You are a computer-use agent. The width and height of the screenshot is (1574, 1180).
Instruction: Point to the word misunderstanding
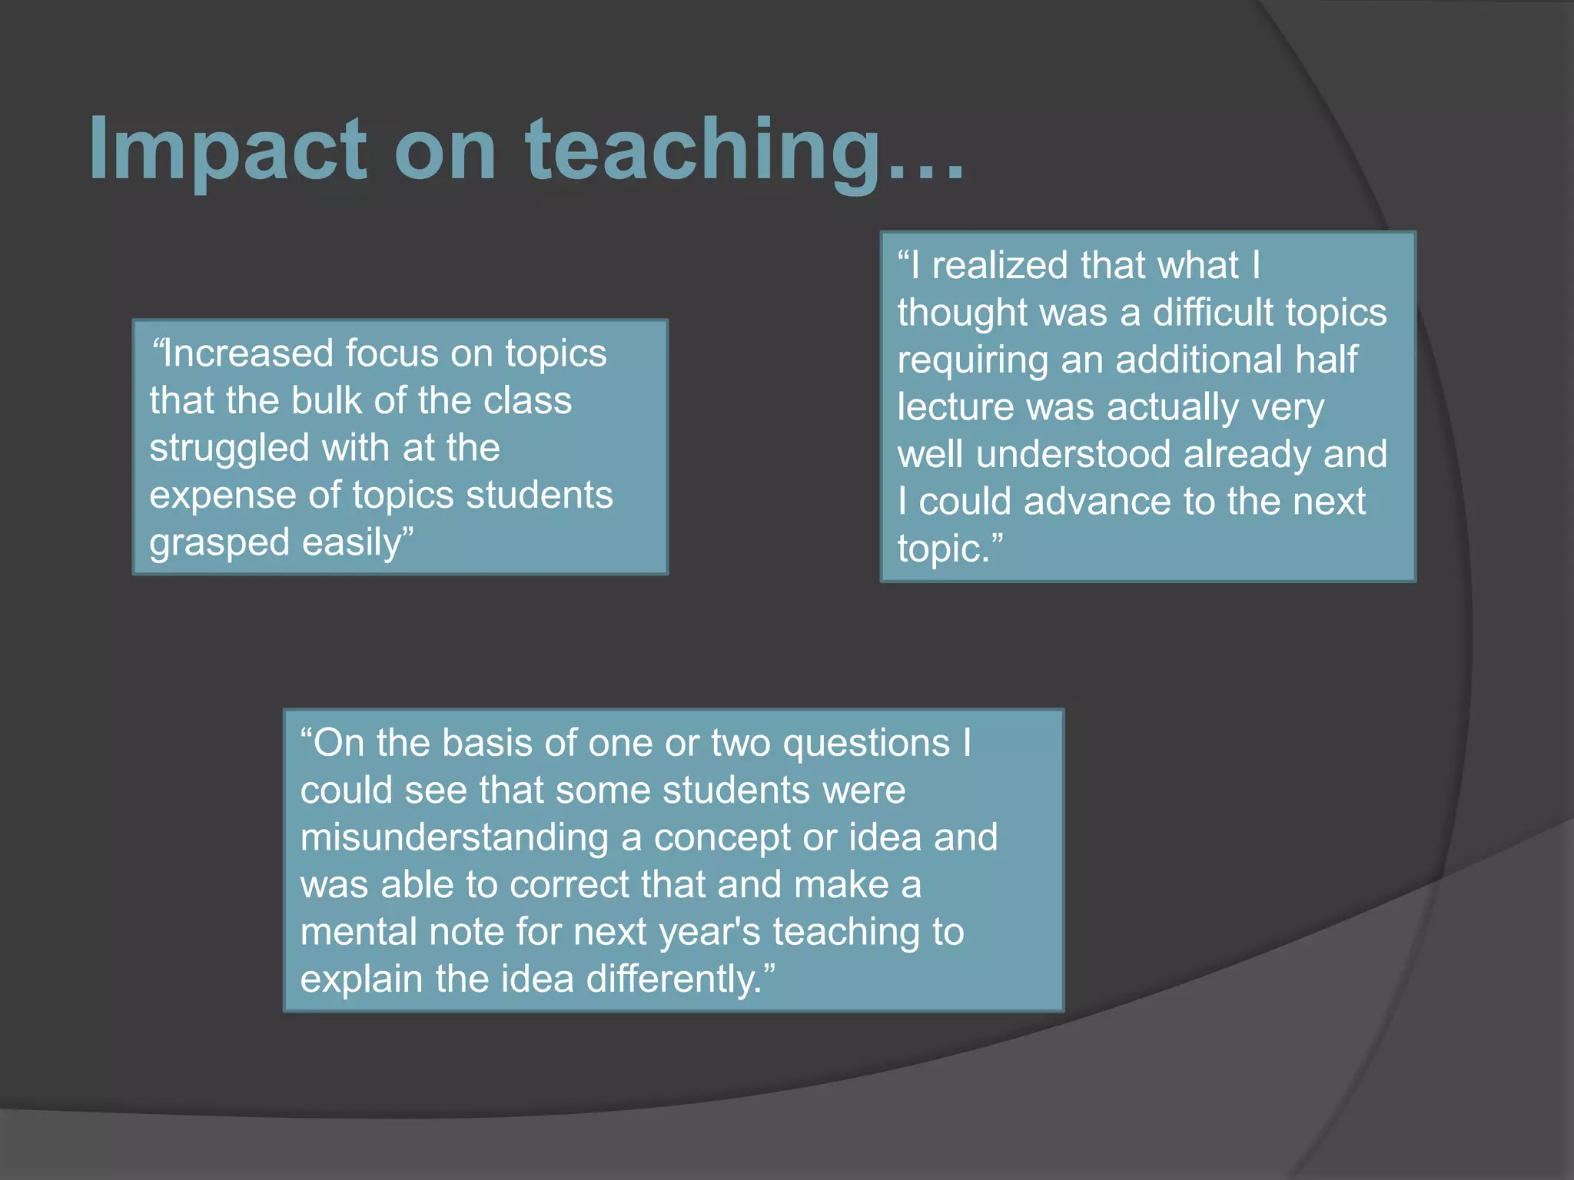454,838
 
